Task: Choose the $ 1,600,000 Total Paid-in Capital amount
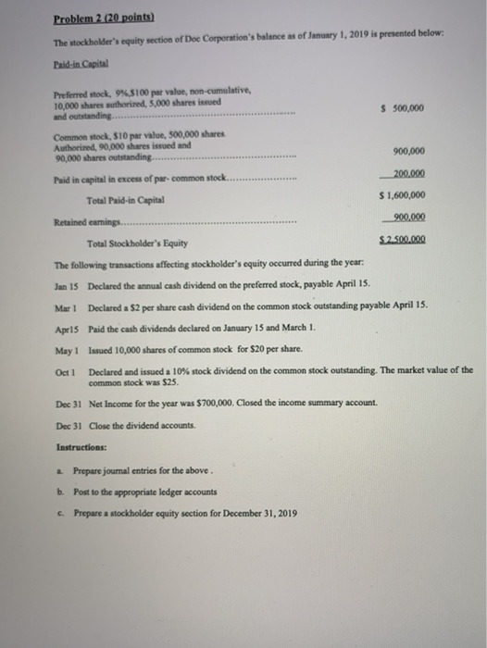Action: pos(403,195)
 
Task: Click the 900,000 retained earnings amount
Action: pos(407,218)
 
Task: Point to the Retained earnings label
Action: pos(81,222)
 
